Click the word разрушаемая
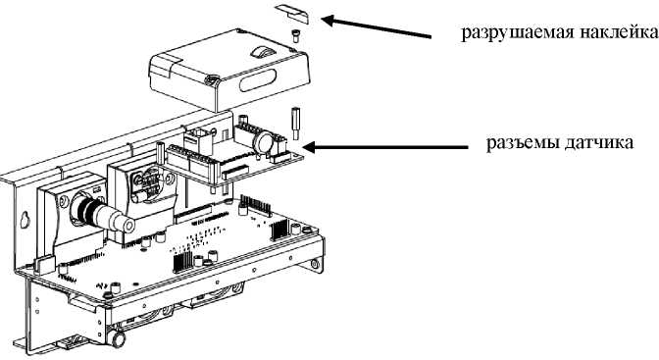517,32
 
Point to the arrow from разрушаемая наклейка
377,27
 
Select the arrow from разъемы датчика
385,147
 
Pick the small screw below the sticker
295,35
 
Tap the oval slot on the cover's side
258,80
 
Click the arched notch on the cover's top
262,51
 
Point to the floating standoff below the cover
294,124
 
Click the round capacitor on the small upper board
264,142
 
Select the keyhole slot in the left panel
25,220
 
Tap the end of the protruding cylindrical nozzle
127,224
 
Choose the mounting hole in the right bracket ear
315,264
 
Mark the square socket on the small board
197,140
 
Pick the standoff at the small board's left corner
160,152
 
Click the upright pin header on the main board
255,205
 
